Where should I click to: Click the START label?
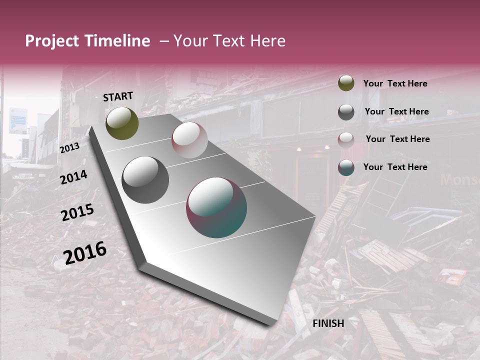[118, 96]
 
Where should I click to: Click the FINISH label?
[328, 323]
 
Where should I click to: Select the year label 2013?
[69, 147]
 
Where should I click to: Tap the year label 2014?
[74, 177]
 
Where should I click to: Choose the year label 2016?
[85, 252]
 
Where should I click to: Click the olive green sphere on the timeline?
[122, 123]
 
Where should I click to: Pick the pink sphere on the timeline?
[189, 139]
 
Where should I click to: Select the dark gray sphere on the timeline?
[145, 179]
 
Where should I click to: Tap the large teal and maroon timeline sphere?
[216, 207]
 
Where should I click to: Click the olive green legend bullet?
[346, 83]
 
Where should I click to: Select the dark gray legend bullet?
[346, 112]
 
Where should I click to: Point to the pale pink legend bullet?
[346, 140]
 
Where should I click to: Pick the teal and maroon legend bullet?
[346, 167]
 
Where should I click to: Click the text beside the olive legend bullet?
[395, 83]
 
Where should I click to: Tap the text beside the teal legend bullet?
[395, 167]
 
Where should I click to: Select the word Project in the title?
[51, 41]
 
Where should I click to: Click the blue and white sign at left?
[18, 120]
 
